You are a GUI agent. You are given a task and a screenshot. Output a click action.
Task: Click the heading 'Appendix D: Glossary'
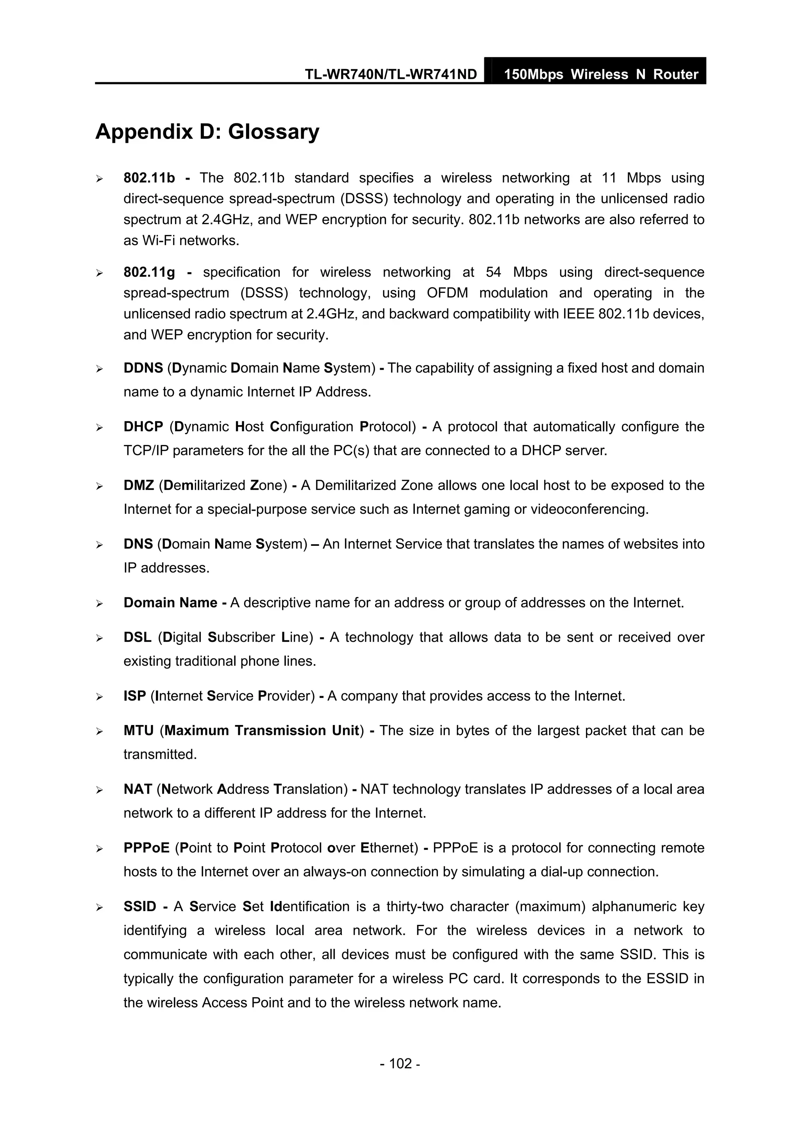tap(207, 132)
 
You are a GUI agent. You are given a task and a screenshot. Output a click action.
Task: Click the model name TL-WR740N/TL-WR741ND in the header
tap(390, 75)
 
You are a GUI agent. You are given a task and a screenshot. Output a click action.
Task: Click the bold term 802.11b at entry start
tap(149, 178)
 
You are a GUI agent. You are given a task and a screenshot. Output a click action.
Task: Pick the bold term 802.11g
tap(149, 273)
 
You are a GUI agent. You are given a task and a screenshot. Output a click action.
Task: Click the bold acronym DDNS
tap(143, 368)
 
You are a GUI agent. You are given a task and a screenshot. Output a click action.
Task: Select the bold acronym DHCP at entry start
tap(143, 427)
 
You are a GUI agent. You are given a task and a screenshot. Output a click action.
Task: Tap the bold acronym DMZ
tap(139, 485)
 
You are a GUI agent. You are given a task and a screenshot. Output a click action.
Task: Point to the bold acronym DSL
tap(137, 638)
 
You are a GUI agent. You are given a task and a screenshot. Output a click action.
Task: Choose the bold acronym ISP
tap(134, 696)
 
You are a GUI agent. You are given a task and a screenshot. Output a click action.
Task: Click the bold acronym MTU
tap(139, 730)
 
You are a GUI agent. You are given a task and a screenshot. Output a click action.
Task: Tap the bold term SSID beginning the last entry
tap(139, 907)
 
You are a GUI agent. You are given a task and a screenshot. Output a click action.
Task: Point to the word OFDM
tap(447, 293)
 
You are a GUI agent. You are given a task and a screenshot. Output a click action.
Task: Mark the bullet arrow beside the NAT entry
tap(99, 790)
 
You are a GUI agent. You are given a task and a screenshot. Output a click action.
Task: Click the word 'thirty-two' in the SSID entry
tap(412, 907)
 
